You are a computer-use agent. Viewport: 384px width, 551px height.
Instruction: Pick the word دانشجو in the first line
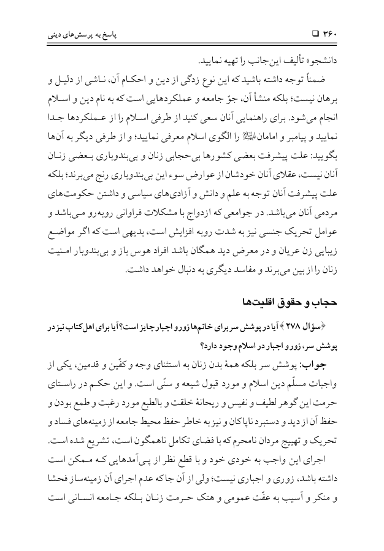(329, 63)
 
